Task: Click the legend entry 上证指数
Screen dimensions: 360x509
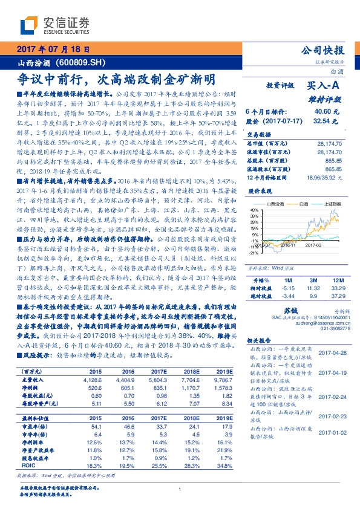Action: point(329,205)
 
